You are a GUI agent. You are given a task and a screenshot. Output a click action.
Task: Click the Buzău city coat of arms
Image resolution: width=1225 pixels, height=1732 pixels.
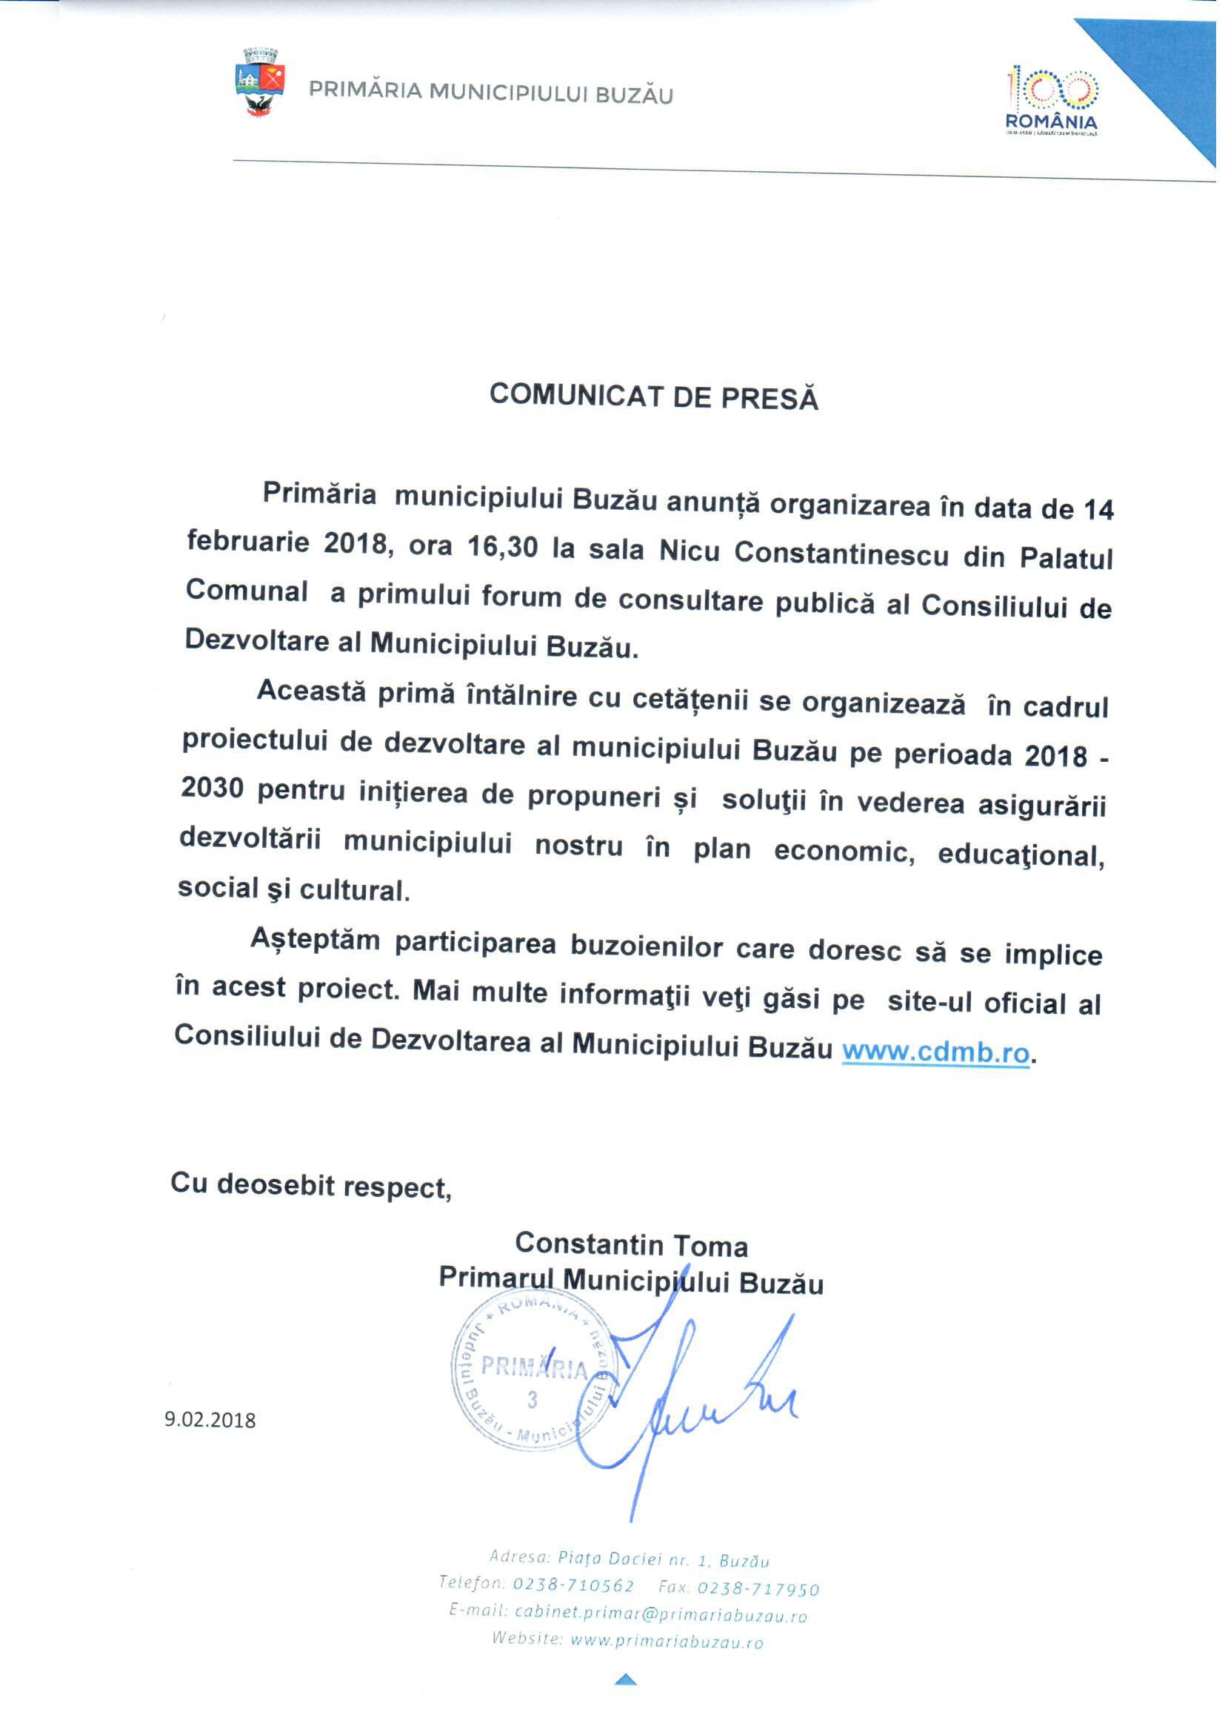click(x=260, y=82)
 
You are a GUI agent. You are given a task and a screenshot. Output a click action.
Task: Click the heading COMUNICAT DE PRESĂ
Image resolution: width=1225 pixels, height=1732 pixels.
click(x=654, y=396)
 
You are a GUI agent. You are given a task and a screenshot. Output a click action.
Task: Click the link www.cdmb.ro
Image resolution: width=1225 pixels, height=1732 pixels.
click(x=935, y=1051)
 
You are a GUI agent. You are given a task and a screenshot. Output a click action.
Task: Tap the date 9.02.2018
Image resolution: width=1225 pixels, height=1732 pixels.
click(x=210, y=1420)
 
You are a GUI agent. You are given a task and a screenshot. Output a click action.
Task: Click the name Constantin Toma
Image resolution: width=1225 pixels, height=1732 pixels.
click(x=630, y=1244)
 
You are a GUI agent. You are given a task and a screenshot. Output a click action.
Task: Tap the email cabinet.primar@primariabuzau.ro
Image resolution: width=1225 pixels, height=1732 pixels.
click(x=661, y=1614)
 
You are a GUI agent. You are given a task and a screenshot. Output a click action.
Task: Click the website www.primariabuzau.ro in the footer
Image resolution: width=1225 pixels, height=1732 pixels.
click(x=667, y=1642)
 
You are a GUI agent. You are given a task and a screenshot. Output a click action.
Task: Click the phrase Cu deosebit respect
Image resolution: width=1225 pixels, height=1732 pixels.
click(x=310, y=1184)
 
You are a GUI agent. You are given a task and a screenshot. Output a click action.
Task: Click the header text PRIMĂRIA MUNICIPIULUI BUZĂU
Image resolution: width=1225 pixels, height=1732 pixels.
click(x=491, y=93)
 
